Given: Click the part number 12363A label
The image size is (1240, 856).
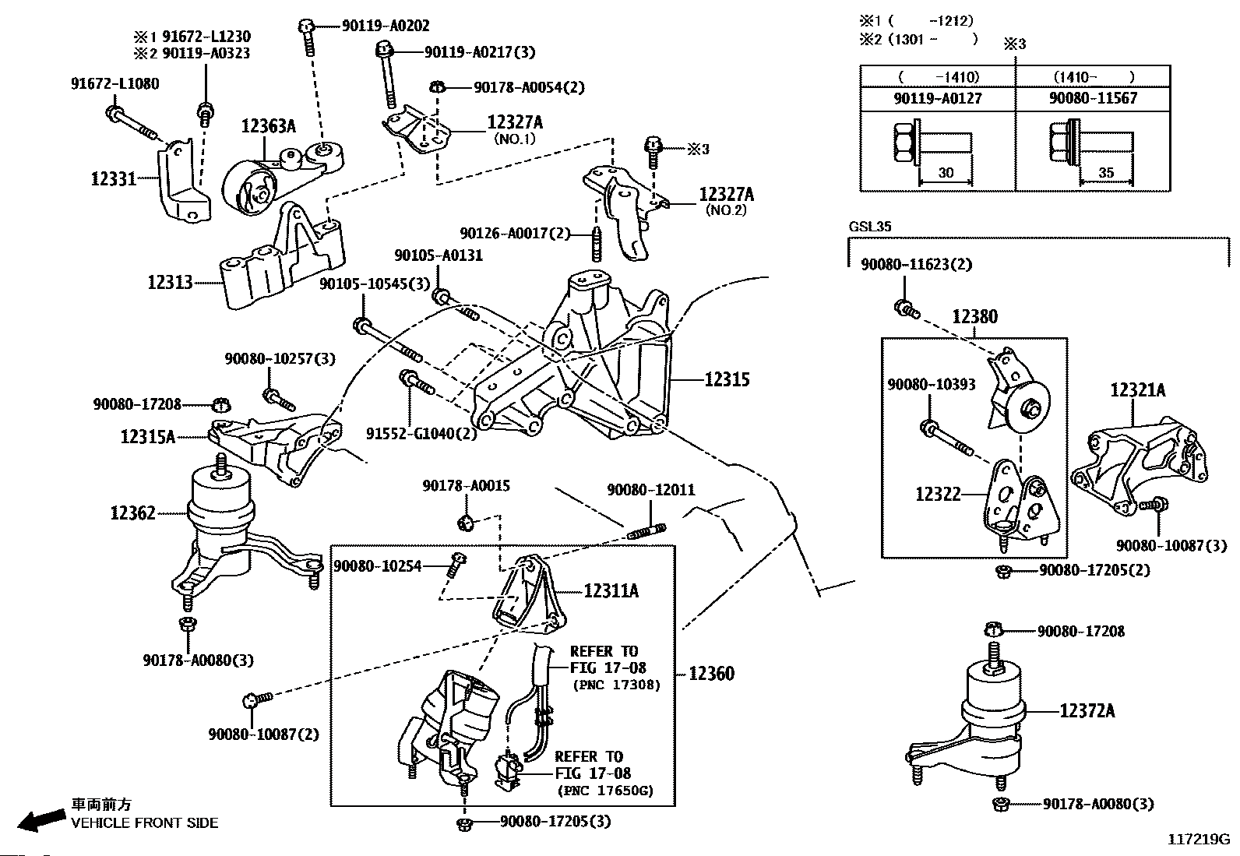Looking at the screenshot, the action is (269, 126).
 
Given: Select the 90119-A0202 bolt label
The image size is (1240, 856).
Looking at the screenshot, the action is (386, 26).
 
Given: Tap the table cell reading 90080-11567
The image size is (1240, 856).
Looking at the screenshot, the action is (1093, 98).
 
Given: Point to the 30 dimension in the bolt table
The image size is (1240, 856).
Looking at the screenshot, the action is (946, 173).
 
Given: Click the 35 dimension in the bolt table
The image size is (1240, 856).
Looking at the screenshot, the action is (1105, 172).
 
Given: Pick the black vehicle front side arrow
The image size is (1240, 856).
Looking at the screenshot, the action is (41, 819).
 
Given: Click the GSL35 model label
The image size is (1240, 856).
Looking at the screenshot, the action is (870, 227).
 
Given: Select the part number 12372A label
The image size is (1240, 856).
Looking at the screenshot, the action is (1087, 710).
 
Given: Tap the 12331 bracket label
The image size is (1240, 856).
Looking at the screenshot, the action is (114, 179).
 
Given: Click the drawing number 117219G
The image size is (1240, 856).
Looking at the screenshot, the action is (1199, 839).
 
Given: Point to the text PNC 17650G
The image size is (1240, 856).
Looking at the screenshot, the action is (605, 790).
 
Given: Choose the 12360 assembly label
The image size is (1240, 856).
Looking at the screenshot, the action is (711, 673).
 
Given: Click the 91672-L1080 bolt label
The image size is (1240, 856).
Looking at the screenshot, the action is (115, 83).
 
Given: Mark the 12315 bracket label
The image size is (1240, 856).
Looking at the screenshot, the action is (727, 379).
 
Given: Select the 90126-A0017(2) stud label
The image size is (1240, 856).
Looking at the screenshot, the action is (515, 233).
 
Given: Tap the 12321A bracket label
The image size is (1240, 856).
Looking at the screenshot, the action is (1138, 390).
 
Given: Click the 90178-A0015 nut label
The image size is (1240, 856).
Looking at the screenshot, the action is (466, 485).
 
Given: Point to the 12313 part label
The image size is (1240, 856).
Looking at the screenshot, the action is (170, 283).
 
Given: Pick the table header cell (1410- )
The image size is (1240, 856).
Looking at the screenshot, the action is (1094, 76).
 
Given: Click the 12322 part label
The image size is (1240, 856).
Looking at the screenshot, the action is (939, 494).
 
